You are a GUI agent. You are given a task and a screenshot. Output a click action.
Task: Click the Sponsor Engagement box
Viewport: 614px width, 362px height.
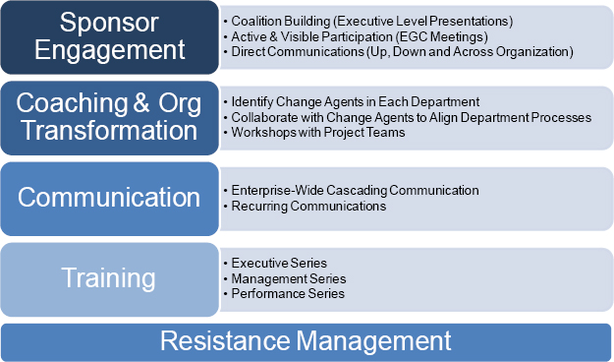[110, 36]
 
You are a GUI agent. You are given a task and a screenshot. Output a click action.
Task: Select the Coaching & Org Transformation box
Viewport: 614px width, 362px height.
[110, 117]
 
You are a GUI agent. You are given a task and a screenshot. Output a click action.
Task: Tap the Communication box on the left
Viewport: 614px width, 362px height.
[110, 198]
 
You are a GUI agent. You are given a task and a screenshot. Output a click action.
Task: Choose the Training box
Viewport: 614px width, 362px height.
[110, 278]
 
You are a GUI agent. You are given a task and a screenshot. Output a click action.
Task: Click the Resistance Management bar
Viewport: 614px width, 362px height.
[306, 341]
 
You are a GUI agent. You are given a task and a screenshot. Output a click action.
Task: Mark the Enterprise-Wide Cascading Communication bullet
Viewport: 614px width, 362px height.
[355, 190]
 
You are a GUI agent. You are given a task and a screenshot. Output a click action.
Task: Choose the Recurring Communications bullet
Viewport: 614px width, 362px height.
[308, 207]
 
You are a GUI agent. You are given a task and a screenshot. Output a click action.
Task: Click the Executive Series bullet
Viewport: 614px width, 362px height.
[279, 263]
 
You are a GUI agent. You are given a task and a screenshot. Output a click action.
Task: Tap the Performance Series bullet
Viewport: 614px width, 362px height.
[288, 293]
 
